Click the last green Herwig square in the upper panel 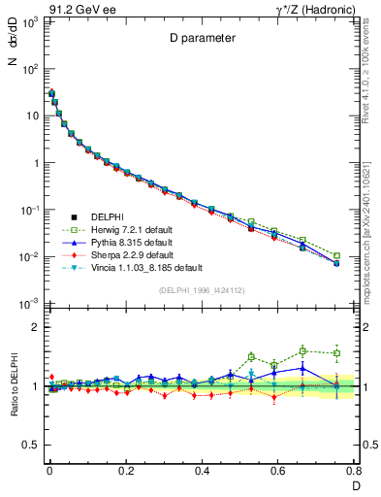[x=336, y=256]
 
